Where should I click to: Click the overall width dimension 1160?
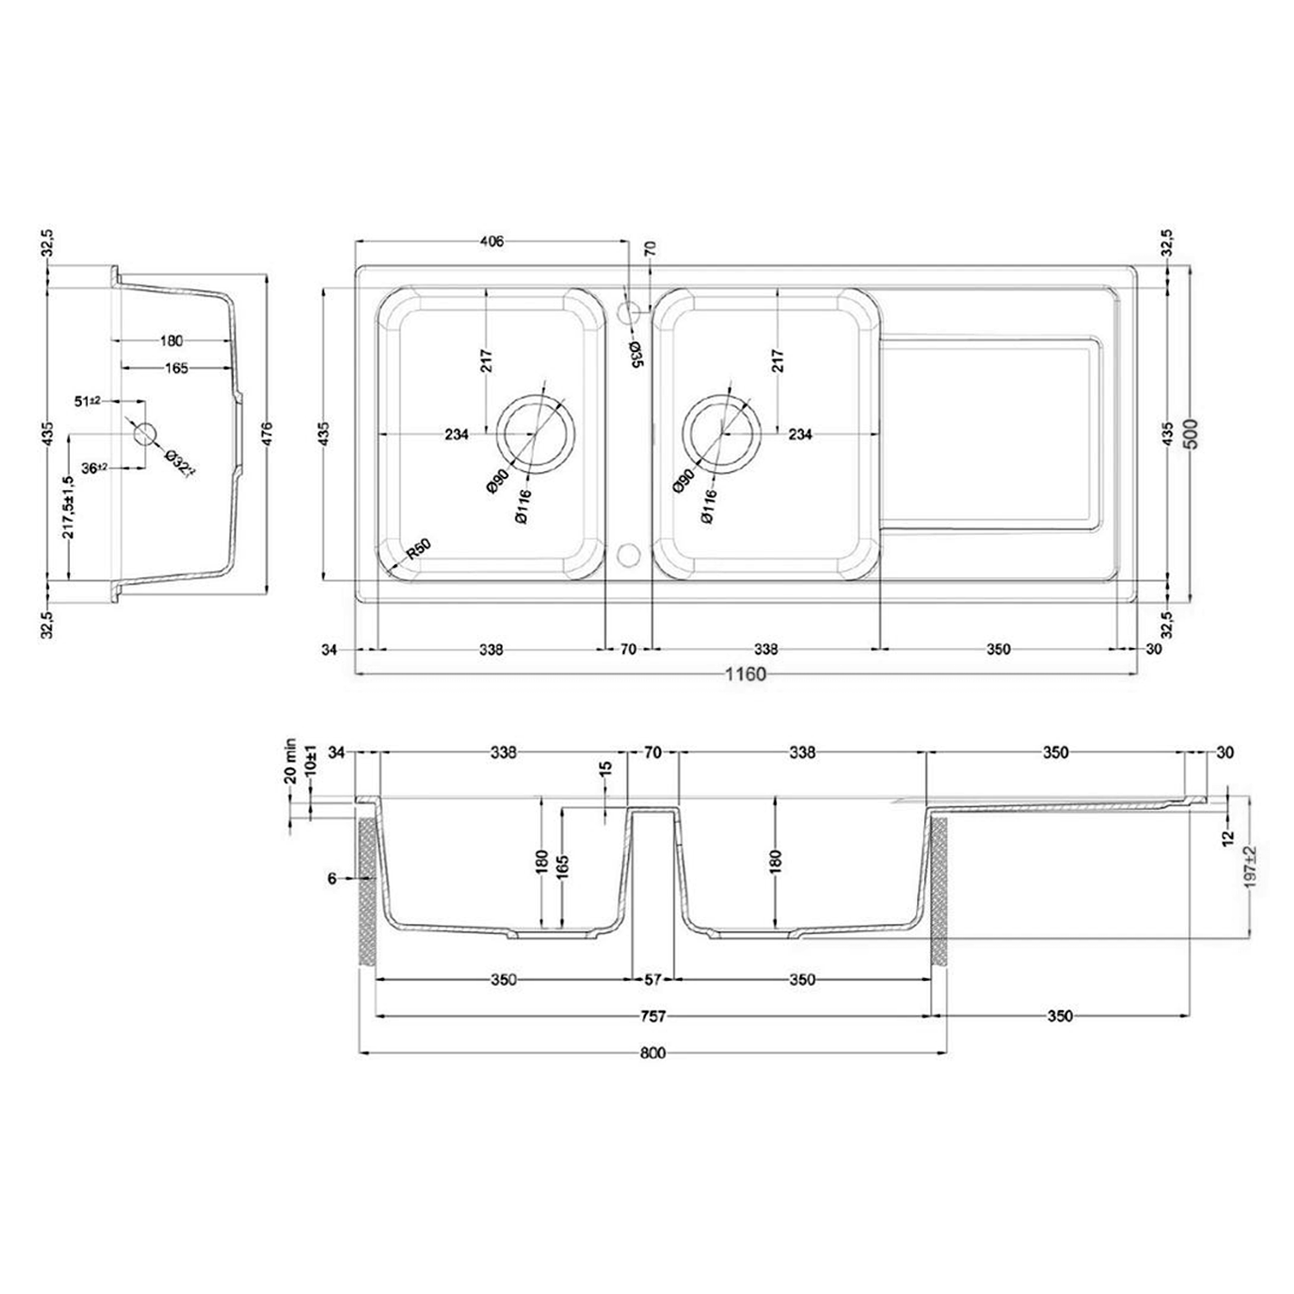[744, 674]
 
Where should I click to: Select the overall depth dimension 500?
[1192, 435]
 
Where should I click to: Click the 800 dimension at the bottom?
[653, 1053]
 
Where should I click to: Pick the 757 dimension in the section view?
[653, 1016]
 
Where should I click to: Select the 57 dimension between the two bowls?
[653, 980]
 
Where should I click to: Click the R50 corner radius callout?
[418, 550]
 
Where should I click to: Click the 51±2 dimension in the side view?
[89, 401]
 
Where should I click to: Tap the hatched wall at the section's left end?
[366, 893]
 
